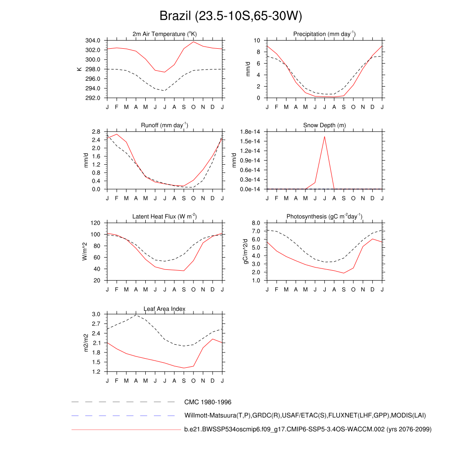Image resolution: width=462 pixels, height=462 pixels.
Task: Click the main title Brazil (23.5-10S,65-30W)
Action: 231,16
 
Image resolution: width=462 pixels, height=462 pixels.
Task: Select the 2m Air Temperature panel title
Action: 165,34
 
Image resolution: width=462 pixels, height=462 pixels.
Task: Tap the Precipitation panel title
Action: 324,34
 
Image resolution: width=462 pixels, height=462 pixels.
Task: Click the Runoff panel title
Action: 165,125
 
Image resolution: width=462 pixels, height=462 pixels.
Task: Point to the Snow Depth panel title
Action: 324,125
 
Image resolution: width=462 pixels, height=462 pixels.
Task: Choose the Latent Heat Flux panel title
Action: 165,217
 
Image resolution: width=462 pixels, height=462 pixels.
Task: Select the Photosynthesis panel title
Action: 324,217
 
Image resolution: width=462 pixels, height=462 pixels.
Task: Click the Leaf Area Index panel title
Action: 165,309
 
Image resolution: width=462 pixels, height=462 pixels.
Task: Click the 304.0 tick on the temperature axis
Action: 93,41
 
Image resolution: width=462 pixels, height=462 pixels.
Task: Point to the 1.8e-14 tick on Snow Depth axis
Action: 251,132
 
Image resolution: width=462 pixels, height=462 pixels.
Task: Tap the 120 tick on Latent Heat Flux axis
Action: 95,223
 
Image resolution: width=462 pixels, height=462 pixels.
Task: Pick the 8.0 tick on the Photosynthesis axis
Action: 255,223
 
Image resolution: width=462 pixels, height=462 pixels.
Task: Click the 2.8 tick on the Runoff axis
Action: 96,132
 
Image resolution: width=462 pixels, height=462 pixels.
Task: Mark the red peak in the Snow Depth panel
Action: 324,136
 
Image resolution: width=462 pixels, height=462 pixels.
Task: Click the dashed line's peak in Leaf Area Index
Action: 136,315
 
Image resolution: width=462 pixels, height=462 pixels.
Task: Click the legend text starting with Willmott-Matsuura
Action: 305,416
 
